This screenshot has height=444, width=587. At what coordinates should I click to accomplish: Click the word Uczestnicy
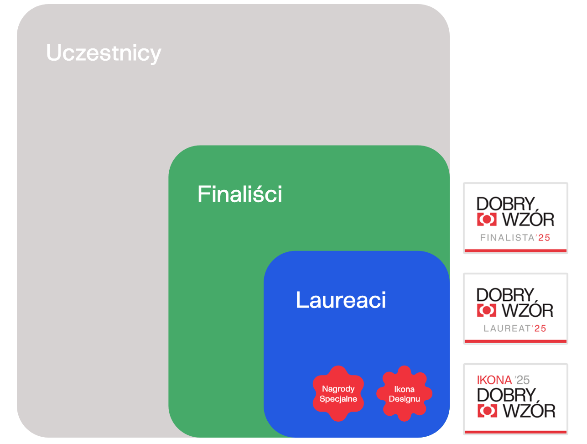pyautogui.click(x=104, y=53)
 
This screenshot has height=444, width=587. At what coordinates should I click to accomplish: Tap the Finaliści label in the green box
pyautogui.click(x=239, y=194)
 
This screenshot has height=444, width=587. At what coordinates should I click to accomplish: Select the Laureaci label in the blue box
pyautogui.click(x=341, y=300)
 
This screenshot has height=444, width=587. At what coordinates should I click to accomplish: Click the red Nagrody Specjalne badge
pyautogui.click(x=338, y=393)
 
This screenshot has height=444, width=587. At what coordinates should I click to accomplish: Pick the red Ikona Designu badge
pyautogui.click(x=404, y=393)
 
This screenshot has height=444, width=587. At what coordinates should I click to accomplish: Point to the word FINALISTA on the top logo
pyautogui.click(x=507, y=238)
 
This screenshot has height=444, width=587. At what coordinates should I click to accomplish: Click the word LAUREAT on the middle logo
pyautogui.click(x=507, y=329)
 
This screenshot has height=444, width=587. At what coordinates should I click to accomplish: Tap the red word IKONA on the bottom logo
pyautogui.click(x=494, y=380)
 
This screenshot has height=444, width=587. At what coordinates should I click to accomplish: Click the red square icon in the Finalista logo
pyautogui.click(x=487, y=219)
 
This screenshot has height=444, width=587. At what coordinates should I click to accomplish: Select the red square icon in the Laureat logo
pyautogui.click(x=487, y=310)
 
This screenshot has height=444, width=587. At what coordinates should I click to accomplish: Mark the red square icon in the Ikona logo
pyautogui.click(x=487, y=411)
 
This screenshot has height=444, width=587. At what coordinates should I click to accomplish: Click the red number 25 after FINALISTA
pyautogui.click(x=544, y=238)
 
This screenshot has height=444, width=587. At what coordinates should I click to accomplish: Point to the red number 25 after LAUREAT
pyautogui.click(x=540, y=329)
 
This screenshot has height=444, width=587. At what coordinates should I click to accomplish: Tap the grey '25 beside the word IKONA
pyautogui.click(x=522, y=380)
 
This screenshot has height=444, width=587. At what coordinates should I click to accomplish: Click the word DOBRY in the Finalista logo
pyautogui.click(x=505, y=204)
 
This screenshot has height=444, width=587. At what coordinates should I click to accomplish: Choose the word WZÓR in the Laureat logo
pyautogui.click(x=528, y=310)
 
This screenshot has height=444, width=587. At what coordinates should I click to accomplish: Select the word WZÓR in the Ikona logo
pyautogui.click(x=529, y=411)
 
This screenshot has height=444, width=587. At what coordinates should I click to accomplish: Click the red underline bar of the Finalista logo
pyautogui.click(x=515, y=251)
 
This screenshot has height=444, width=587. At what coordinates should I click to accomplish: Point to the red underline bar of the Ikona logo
pyautogui.click(x=515, y=432)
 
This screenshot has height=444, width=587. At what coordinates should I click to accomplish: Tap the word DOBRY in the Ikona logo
pyautogui.click(x=506, y=395)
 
